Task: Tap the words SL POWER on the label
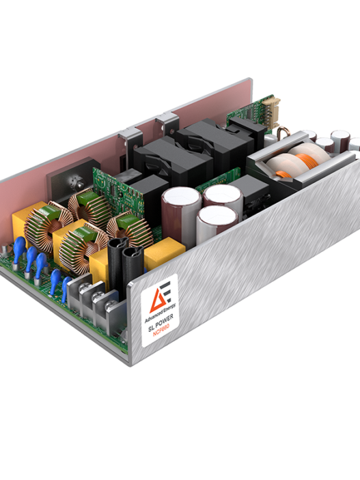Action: pyautogui.click(x=161, y=323)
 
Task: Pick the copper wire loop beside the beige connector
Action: pyautogui.click(x=281, y=133)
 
